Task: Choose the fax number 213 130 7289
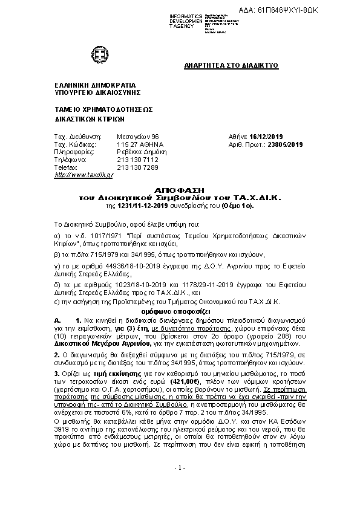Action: [137, 167]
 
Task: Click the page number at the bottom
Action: [180, 467]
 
